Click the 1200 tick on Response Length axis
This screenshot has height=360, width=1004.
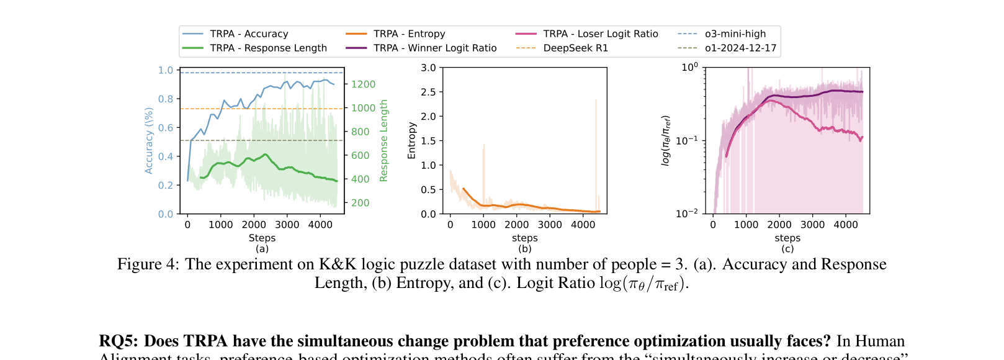point(363,84)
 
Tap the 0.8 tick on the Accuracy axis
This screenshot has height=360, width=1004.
point(166,99)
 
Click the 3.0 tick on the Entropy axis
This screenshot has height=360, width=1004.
point(428,68)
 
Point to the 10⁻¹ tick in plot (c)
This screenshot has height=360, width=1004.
point(686,140)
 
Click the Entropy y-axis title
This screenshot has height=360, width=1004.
point(411,141)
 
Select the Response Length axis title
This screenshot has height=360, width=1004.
point(383,141)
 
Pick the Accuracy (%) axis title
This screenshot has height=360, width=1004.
point(149,141)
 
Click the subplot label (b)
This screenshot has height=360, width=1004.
point(524,249)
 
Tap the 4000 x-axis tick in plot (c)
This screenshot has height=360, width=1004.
point(845,225)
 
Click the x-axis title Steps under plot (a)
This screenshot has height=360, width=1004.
point(262,238)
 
